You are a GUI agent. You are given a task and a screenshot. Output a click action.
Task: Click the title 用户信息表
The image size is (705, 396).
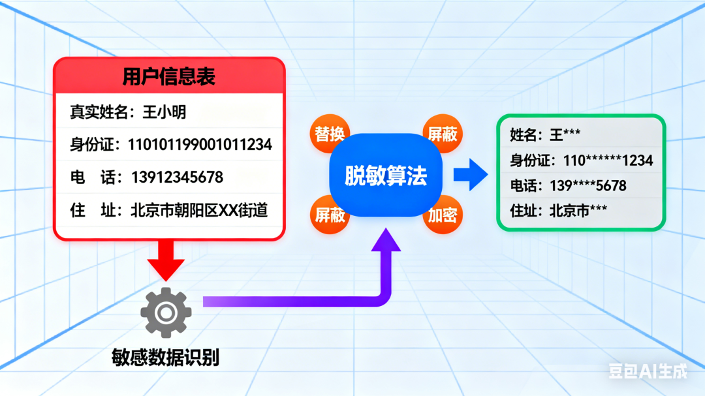click(x=168, y=76)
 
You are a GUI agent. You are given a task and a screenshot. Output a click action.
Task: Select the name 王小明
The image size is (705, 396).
click(x=164, y=112)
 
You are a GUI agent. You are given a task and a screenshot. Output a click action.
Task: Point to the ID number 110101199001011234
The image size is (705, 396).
click(x=200, y=145)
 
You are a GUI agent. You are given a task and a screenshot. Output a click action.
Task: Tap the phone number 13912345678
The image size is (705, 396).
click(x=177, y=177)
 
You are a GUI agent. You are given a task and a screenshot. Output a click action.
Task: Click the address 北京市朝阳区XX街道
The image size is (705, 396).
click(x=199, y=210)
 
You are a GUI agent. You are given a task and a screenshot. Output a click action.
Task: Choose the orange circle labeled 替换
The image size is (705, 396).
click(x=329, y=134)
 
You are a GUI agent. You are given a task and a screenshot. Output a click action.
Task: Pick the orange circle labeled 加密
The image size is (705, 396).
click(x=443, y=215)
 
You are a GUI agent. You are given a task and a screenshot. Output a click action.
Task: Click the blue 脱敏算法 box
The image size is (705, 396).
click(x=386, y=175)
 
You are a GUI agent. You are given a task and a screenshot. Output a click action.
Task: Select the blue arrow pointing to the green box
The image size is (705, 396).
click(x=470, y=174)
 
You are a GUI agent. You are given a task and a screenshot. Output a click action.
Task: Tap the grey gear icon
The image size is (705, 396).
click(x=166, y=313)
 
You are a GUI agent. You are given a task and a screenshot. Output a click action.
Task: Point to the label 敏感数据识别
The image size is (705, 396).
click(x=165, y=358)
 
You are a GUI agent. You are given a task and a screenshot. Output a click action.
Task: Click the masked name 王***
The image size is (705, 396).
click(x=565, y=134)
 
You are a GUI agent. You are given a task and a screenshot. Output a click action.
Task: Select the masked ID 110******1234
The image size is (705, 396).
click(x=608, y=160)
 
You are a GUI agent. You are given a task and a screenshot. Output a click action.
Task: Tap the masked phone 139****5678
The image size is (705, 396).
click(x=588, y=186)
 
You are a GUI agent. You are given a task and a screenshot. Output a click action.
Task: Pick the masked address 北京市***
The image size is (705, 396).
click(x=578, y=210)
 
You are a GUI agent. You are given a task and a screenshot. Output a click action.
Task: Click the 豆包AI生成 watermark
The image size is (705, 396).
click(x=648, y=371)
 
